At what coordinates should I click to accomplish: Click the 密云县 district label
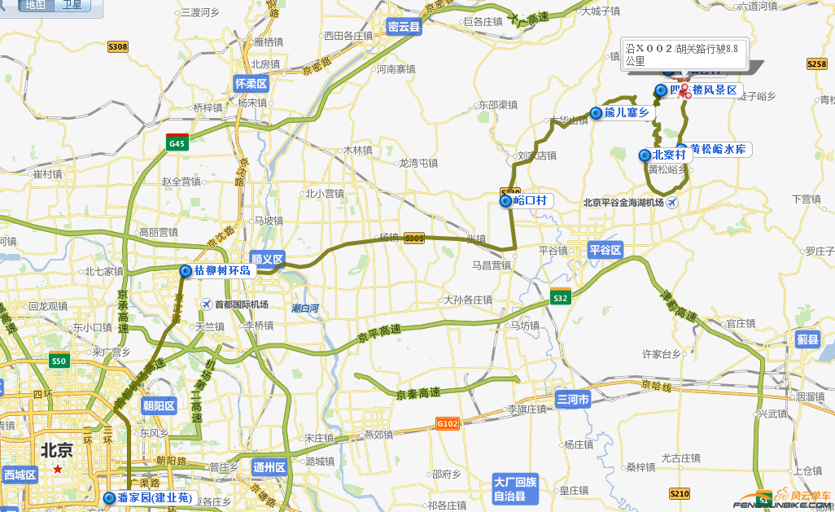[404, 27]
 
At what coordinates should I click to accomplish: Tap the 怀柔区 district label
[251, 83]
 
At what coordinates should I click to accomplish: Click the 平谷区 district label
[605, 250]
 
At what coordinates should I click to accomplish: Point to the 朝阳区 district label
[159, 405]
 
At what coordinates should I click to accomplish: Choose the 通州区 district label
[269, 467]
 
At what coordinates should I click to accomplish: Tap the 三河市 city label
[573, 400]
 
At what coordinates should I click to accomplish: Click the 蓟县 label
[807, 339]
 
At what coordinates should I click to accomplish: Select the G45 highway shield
[177, 142]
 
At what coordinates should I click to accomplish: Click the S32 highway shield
[560, 297]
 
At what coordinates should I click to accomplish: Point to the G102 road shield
[448, 423]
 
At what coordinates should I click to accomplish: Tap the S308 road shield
[118, 47]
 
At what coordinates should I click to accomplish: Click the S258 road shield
[816, 63]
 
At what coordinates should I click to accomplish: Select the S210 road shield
[679, 493]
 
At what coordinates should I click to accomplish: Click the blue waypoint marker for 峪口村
[505, 201]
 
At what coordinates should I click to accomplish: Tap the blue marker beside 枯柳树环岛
[186, 271]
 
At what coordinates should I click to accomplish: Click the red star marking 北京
[57, 470]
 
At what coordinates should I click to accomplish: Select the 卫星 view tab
[72, 6]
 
